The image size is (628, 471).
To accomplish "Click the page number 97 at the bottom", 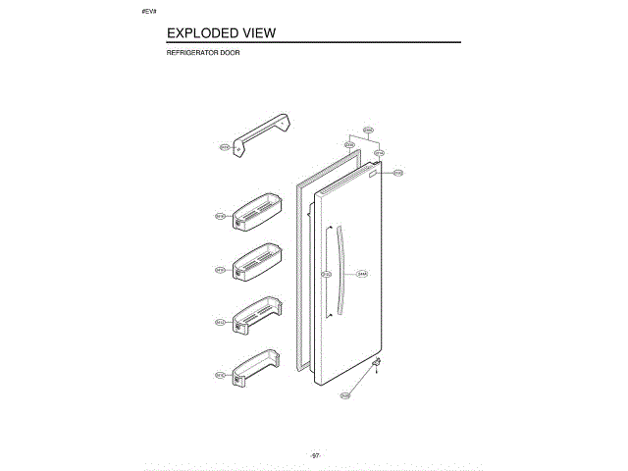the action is point(316,455).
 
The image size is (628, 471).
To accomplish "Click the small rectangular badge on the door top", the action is point(373,175).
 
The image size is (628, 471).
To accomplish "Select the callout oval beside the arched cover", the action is point(224,147).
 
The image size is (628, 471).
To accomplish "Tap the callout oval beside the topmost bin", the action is point(221,215).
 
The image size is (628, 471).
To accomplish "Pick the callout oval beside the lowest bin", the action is point(221,375).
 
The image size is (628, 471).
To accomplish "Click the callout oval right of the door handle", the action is point(362,274).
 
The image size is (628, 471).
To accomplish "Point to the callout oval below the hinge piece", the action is point(344,395).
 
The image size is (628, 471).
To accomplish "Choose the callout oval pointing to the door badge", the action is point(398,173).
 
